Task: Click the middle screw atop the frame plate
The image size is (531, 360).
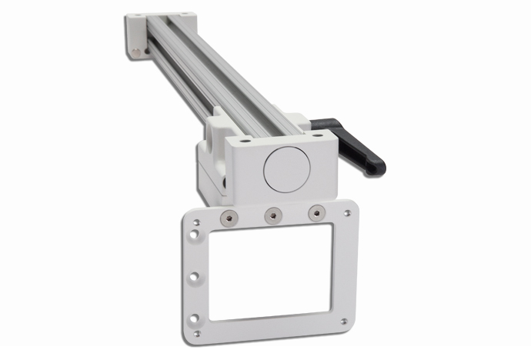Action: pyautogui.click(x=271, y=216)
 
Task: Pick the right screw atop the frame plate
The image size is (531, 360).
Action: pyautogui.click(x=314, y=213)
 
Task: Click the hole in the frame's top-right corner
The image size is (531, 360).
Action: pyautogui.click(x=348, y=208)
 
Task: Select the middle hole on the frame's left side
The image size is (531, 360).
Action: pyautogui.click(x=195, y=275)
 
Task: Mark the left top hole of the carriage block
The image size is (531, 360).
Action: pyautogui.click(x=245, y=141)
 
